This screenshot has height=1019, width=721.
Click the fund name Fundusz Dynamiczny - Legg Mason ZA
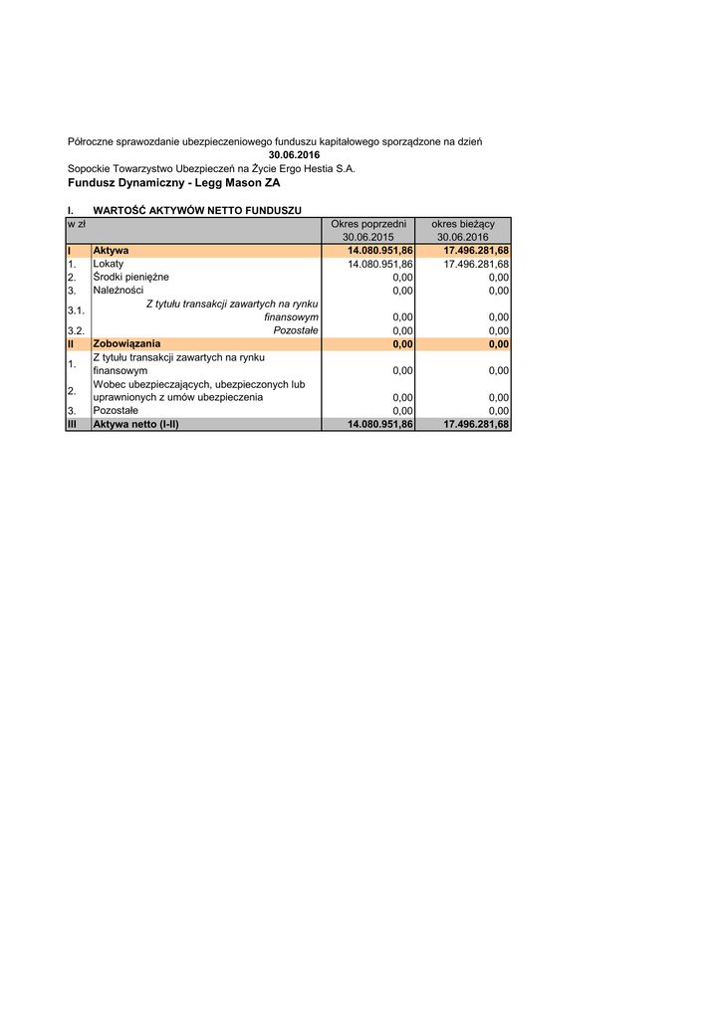tap(174, 183)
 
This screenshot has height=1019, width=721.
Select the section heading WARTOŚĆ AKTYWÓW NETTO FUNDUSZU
tap(196, 210)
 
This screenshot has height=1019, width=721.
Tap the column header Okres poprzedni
tap(368, 224)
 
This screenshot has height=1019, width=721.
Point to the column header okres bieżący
tap(463, 224)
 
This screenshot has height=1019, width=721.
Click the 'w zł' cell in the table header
tap(76, 224)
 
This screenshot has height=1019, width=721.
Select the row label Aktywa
tap(111, 251)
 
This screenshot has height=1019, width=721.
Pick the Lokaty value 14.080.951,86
tap(379, 264)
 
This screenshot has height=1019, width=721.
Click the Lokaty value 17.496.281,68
tap(475, 264)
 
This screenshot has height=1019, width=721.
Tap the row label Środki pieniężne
tap(130, 277)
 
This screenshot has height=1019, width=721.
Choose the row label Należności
tap(118, 291)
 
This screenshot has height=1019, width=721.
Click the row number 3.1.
tap(76, 310)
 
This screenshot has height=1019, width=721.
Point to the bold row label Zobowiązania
tap(125, 344)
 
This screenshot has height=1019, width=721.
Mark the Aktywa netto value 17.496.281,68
tap(475, 424)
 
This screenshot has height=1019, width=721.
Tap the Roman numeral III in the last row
tap(73, 424)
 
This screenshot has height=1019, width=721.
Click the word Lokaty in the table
tap(108, 264)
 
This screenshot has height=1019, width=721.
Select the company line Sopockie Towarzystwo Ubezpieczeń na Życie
tap(211, 169)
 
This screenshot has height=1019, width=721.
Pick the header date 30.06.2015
tap(368, 237)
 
